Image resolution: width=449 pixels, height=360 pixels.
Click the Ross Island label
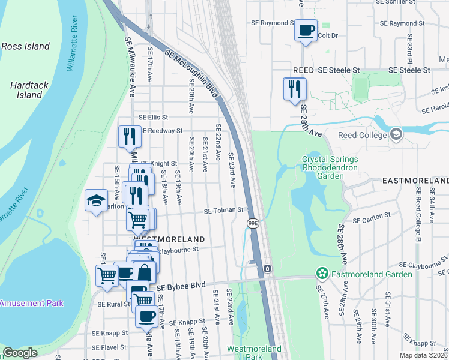click(25, 46)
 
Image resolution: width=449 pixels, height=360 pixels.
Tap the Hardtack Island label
click(29, 90)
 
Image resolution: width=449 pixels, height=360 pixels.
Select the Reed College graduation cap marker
click(396, 134)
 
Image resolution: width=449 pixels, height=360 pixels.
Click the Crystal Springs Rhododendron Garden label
click(330, 168)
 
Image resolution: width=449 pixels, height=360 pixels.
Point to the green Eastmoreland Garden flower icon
click(323, 274)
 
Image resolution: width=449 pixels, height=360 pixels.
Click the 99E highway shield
click(253, 223)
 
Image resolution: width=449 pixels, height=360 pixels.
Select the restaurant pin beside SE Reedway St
click(130, 136)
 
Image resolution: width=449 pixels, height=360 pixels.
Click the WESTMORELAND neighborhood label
click(158, 239)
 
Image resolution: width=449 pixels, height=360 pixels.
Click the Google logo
click(20, 353)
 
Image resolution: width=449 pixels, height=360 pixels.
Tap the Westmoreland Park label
click(253, 352)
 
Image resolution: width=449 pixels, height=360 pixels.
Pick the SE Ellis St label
click(153, 118)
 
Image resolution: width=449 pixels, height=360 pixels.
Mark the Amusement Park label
click(32, 303)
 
